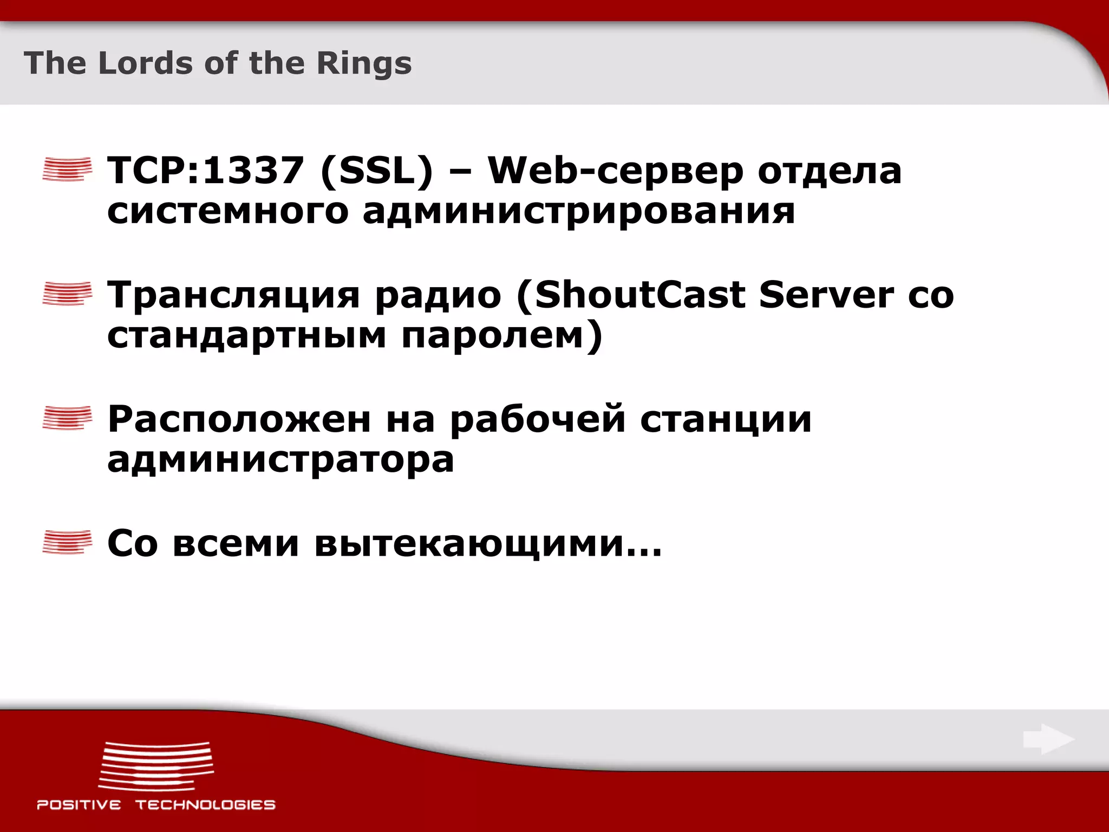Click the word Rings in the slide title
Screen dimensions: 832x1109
(x=364, y=63)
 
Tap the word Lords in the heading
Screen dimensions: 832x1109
(x=145, y=63)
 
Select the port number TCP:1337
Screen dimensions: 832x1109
(x=205, y=171)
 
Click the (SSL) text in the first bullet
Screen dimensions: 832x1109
(x=377, y=171)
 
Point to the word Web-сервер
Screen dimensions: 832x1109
(x=615, y=171)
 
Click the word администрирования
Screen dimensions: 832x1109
(x=578, y=211)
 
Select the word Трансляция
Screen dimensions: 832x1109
(x=233, y=296)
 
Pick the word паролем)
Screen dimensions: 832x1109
(x=502, y=336)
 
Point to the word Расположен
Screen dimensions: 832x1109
(x=239, y=419)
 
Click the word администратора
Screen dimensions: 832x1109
(x=280, y=460)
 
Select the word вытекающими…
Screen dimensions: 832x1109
(x=488, y=543)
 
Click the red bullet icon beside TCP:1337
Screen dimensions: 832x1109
(x=67, y=168)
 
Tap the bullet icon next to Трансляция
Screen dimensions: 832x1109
(x=67, y=294)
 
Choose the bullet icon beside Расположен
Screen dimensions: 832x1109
(x=67, y=418)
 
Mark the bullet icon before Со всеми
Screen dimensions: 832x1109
(x=67, y=542)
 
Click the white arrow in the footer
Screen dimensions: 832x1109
(x=1048, y=739)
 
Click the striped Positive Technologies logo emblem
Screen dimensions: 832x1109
(x=156, y=766)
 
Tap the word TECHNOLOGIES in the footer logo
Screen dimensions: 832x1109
(x=205, y=805)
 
